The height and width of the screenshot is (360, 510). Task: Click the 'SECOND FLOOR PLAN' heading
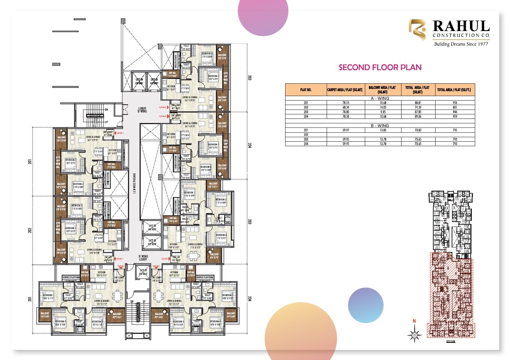point(380,67)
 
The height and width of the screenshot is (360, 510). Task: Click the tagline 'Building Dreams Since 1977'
point(461,44)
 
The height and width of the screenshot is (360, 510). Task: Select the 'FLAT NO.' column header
point(306,90)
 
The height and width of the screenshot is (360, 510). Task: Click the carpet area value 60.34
point(345,107)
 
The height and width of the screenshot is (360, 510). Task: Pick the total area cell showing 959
point(455,116)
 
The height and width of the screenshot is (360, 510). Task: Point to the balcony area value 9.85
point(382,112)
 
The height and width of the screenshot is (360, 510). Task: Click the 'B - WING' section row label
point(380,126)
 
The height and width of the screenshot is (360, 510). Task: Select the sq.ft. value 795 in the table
point(455,130)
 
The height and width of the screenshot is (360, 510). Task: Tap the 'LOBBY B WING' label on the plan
point(142,110)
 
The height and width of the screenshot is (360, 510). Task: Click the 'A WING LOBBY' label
point(143,258)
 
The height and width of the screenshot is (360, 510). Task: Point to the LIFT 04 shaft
point(139,81)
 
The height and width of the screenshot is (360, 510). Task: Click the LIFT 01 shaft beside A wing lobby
point(143,272)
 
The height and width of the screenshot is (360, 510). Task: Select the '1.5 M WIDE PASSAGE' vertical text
point(134,183)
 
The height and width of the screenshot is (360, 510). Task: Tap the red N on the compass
point(414,321)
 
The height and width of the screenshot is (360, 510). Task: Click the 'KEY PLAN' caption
point(451,341)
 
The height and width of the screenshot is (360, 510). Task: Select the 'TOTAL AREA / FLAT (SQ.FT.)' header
point(455,90)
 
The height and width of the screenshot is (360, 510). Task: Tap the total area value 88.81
point(418,103)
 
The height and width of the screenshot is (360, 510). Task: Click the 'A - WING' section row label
point(380,98)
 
